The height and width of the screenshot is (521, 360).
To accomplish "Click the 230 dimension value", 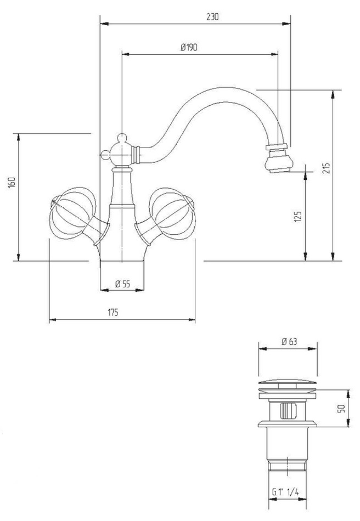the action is tap(212, 16).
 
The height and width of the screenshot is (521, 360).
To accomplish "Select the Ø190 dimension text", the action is tap(189, 48).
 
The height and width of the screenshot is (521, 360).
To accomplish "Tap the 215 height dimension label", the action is tap(327, 168).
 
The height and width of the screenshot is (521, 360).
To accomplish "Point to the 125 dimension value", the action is tap(298, 216).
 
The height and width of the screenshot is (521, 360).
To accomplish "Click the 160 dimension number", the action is tap(12, 183).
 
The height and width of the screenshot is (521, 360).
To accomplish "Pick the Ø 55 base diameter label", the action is tap(122, 284).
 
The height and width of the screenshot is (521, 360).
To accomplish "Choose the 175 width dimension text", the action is tap(113, 313).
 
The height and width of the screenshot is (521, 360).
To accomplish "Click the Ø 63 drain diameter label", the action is tap(289, 342).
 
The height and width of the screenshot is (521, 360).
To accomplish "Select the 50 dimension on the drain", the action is tap(341, 409).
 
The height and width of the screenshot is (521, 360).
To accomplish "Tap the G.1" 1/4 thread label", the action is tap(285, 492).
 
